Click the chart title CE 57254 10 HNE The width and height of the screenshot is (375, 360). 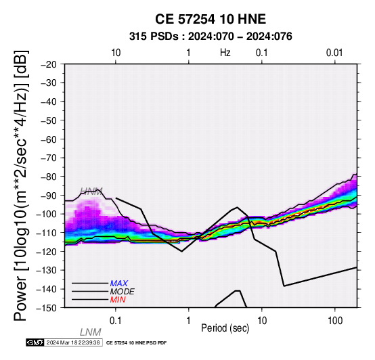[x=211, y=19]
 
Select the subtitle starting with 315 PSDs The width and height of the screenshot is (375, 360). [x=211, y=37]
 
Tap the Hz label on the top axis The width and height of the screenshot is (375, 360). [x=225, y=53]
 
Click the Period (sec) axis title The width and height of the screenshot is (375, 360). [x=225, y=328]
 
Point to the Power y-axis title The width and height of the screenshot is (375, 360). [x=21, y=185]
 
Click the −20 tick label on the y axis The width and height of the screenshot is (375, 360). [x=49, y=64]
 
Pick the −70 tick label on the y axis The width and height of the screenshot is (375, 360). [x=49, y=158]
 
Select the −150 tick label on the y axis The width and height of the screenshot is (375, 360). [x=47, y=308]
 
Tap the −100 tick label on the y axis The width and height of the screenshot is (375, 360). [x=47, y=215]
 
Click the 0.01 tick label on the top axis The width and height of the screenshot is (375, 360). [x=334, y=53]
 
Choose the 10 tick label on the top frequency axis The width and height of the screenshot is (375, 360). [x=116, y=53]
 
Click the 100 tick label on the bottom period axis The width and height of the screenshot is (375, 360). [x=335, y=321]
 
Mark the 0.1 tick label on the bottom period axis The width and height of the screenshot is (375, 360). [x=116, y=321]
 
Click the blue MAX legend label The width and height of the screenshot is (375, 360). [x=119, y=284]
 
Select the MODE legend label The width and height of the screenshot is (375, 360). [x=123, y=292]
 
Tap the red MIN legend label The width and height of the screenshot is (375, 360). [x=118, y=300]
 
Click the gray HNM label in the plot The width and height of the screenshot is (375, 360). [x=91, y=192]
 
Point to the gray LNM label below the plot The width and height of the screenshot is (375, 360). [x=91, y=332]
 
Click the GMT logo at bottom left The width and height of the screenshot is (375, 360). [x=35, y=342]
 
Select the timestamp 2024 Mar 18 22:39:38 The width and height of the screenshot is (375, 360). [x=73, y=342]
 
